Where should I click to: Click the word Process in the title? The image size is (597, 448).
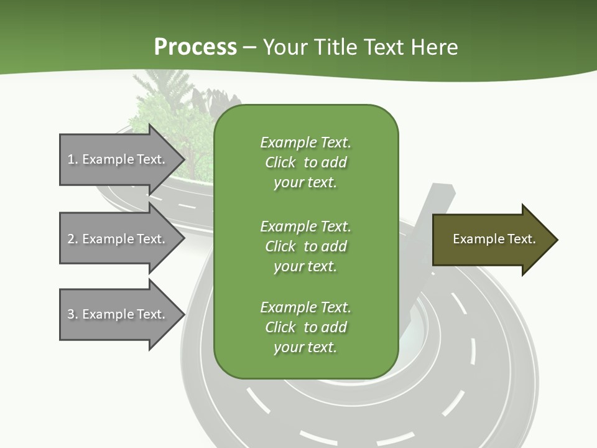click(x=195, y=47)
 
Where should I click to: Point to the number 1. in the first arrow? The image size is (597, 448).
click(x=73, y=159)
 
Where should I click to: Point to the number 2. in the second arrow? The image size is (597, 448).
click(x=73, y=239)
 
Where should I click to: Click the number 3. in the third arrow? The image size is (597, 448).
click(x=73, y=314)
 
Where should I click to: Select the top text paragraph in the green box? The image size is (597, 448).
click(x=305, y=162)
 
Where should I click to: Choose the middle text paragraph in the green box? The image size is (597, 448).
click(x=305, y=246)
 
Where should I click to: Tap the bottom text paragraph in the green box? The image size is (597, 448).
click(x=305, y=327)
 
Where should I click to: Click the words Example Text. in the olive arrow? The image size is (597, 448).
click(x=494, y=239)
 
